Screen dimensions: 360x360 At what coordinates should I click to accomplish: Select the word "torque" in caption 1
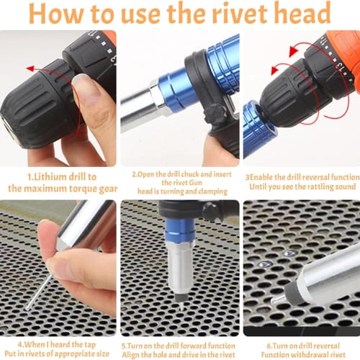[83, 189]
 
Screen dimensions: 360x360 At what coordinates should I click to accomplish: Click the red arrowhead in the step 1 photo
[30, 68]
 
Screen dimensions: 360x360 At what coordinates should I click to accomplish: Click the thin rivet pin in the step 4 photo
[39, 292]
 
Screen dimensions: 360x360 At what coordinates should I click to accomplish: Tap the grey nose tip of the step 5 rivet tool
[181, 298]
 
